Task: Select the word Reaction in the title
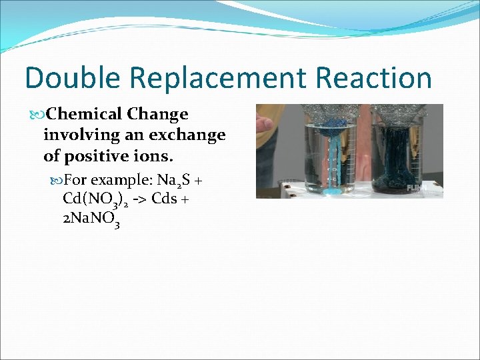[374, 78]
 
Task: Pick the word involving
[77, 135]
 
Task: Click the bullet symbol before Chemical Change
[40, 115]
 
